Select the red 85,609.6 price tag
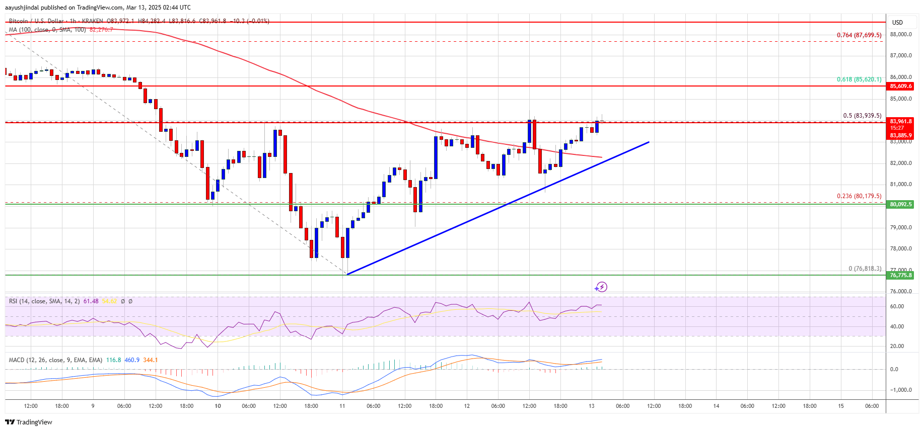pyautogui.click(x=900, y=86)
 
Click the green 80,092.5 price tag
pyautogui.click(x=900, y=204)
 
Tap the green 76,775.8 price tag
pyautogui.click(x=900, y=275)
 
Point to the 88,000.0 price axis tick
pyautogui.click(x=900, y=34)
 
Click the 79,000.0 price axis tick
pyautogui.click(x=900, y=227)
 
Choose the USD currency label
pyautogui.click(x=897, y=22)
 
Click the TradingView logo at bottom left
pyautogui.click(x=29, y=422)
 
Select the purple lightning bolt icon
pyautogui.click(x=601, y=287)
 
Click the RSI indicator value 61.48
pyautogui.click(x=91, y=301)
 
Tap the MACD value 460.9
pyautogui.click(x=132, y=360)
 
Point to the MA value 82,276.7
pyautogui.click(x=101, y=30)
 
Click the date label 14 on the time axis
pyautogui.click(x=716, y=406)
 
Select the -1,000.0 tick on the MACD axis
pyautogui.click(x=900, y=390)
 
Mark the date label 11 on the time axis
pyautogui.click(x=342, y=406)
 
